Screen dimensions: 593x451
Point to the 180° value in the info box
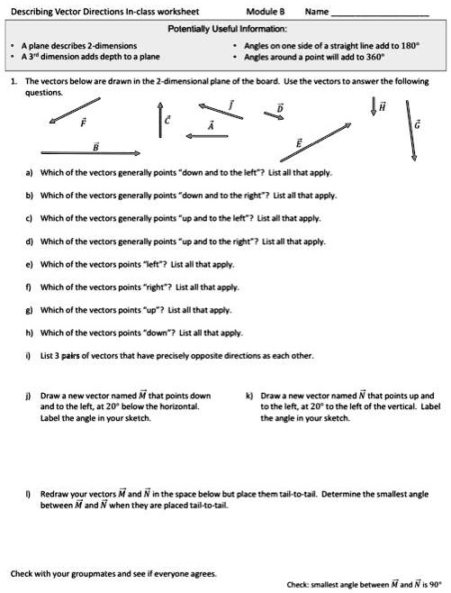pos(410,44)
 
